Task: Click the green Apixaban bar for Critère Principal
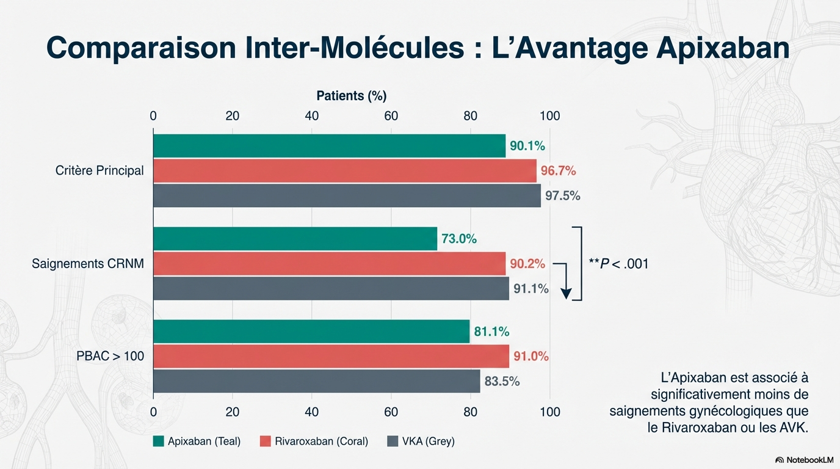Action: click(x=329, y=146)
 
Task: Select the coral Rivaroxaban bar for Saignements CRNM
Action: click(x=329, y=264)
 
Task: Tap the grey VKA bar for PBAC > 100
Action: click(x=316, y=381)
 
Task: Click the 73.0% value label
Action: click(x=458, y=239)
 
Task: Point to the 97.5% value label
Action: click(x=562, y=196)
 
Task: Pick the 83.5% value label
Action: click(x=502, y=382)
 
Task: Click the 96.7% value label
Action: click(x=558, y=171)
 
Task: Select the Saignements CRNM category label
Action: click(x=88, y=264)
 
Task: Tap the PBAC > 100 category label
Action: click(x=110, y=355)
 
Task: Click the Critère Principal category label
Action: click(x=100, y=171)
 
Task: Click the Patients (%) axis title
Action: click(x=352, y=96)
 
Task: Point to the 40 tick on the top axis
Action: click(x=312, y=116)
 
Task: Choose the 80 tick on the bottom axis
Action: click(x=470, y=412)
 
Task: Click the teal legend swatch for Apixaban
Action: click(x=159, y=441)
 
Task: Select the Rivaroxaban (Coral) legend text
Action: click(x=321, y=441)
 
